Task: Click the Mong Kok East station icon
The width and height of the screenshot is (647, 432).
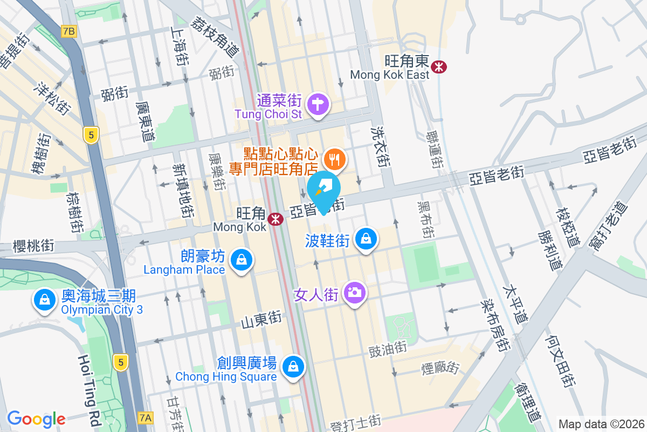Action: point(439,67)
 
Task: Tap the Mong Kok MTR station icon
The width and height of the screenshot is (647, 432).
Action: point(276,219)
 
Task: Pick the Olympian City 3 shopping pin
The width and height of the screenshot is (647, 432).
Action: point(43,300)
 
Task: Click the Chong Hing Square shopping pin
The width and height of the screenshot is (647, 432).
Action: point(292,367)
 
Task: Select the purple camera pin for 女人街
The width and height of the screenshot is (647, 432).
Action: point(354,293)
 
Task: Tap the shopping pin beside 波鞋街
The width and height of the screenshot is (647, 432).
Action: point(366,238)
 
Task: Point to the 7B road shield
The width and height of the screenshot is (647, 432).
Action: point(69,31)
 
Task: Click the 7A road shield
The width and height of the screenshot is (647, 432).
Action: point(146,417)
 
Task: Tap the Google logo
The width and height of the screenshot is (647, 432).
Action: point(36,418)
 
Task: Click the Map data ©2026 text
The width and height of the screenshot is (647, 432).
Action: point(601,424)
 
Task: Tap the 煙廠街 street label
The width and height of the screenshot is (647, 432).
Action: point(440,368)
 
